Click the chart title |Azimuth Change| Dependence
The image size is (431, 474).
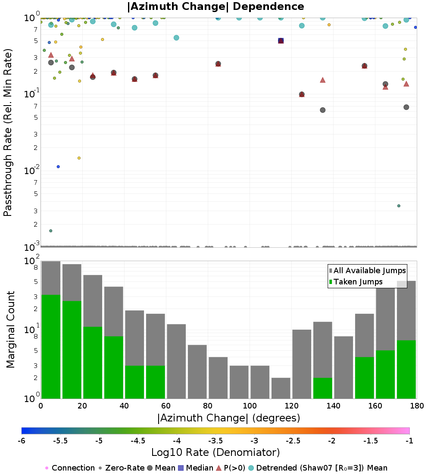[215, 6]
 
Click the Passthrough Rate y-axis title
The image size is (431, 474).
[8, 132]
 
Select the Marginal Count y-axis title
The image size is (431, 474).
[11, 330]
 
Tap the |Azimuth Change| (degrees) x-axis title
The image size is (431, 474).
[229, 418]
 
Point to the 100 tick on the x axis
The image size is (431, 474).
[250, 405]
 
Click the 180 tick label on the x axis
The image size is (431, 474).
[417, 405]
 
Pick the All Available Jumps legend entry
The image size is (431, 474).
[367, 271]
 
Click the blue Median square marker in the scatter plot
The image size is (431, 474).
[281, 41]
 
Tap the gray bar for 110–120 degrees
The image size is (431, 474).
[281, 388]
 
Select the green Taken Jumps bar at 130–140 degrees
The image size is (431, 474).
[323, 388]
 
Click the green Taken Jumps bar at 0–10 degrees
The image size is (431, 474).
[51, 346]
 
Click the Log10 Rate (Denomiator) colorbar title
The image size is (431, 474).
[215, 452]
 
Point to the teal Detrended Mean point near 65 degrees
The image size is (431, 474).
[176, 38]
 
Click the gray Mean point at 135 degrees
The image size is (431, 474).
[323, 110]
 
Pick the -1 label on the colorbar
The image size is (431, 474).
[409, 441]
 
